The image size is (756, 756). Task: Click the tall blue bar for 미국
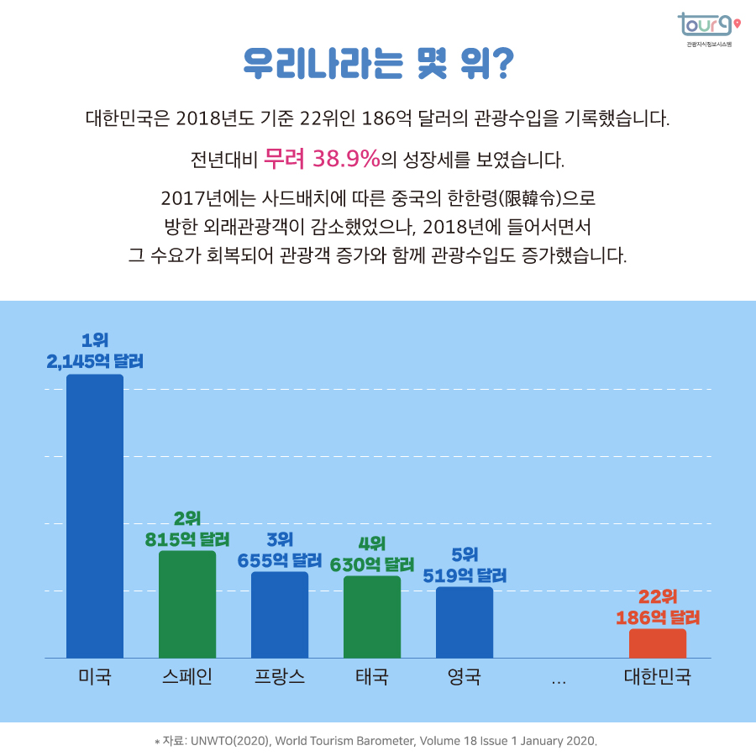click(x=95, y=516)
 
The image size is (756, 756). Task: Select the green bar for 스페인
click(x=187, y=604)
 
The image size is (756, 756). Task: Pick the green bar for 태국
click(x=372, y=617)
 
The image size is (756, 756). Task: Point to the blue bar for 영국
click(x=465, y=622)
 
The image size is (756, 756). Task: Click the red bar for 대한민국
click(x=658, y=643)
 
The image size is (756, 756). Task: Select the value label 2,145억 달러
click(x=95, y=362)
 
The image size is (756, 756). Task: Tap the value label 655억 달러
click(x=280, y=559)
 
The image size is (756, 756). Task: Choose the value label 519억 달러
click(x=465, y=575)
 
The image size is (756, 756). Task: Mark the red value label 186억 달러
click(x=658, y=617)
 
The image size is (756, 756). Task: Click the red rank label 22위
click(x=658, y=597)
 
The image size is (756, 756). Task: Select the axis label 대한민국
click(x=658, y=677)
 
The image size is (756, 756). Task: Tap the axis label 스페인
click(x=187, y=677)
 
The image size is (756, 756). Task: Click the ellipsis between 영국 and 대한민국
click(x=559, y=680)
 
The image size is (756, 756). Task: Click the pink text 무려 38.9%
click(x=322, y=157)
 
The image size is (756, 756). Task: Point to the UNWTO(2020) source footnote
click(x=377, y=741)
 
